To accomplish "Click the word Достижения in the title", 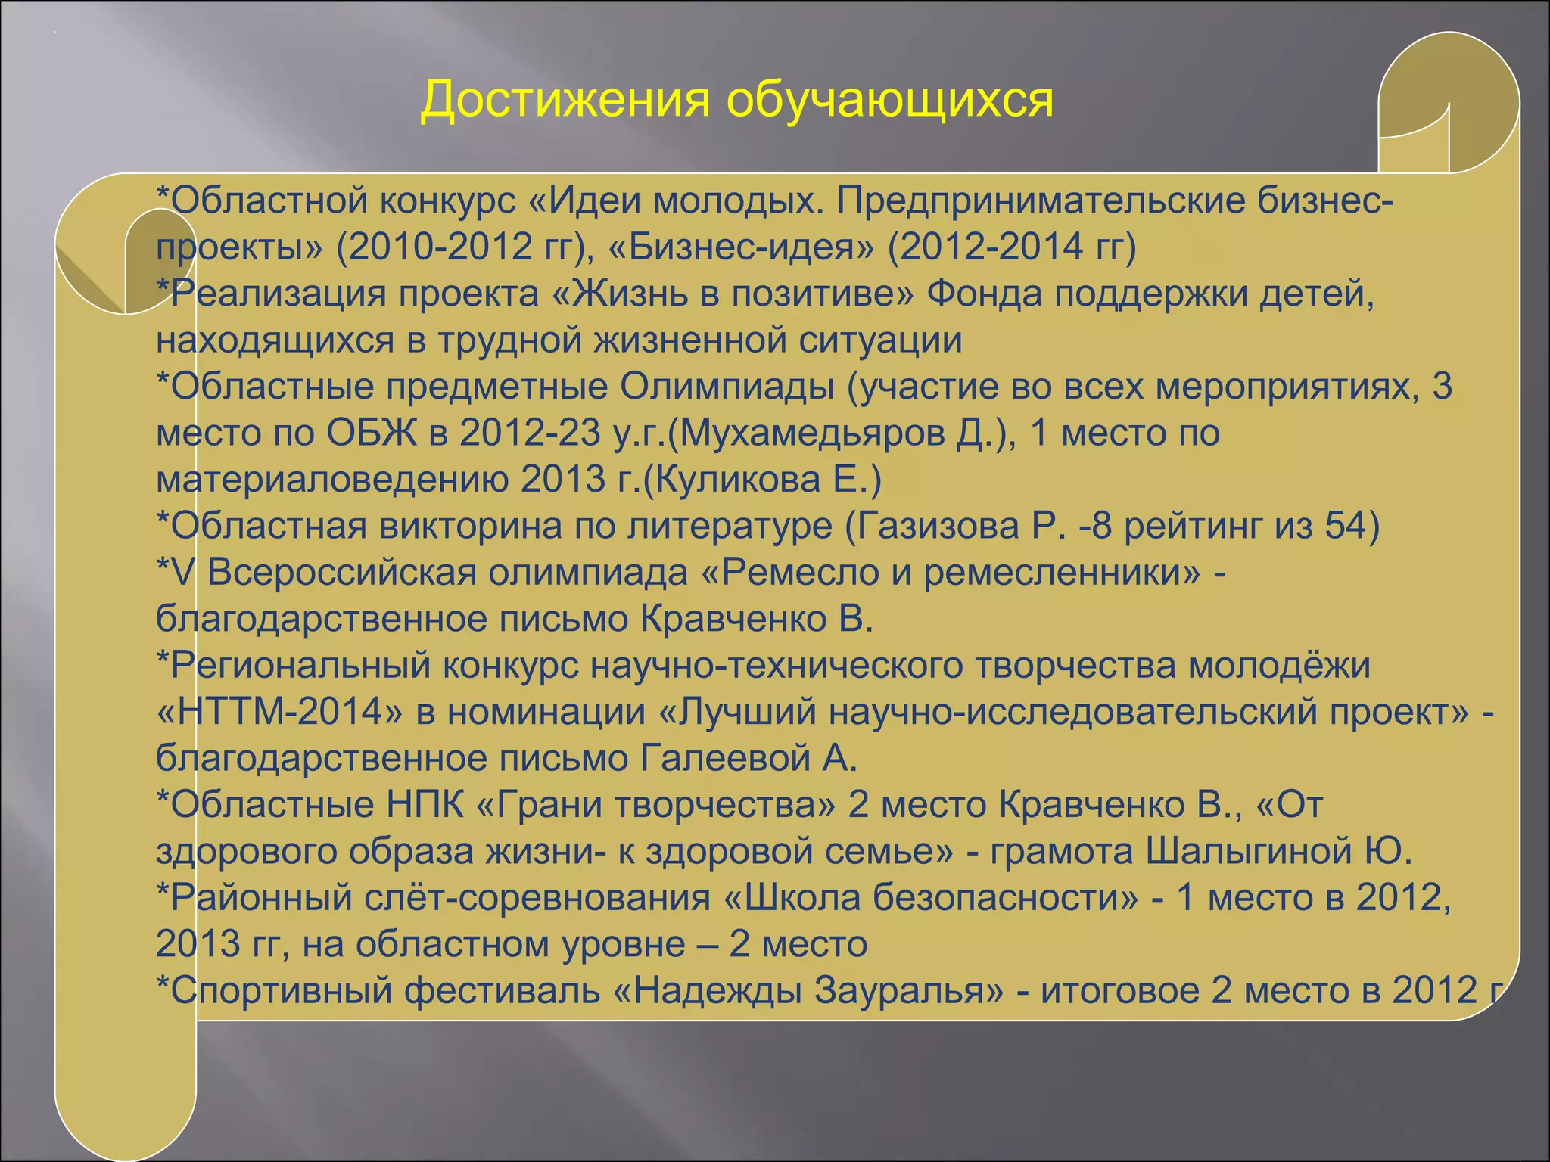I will [x=565, y=100].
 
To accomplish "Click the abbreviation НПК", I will [x=425, y=805].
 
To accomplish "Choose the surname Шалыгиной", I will [x=1248, y=852].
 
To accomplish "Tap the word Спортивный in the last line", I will [x=281, y=991].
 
